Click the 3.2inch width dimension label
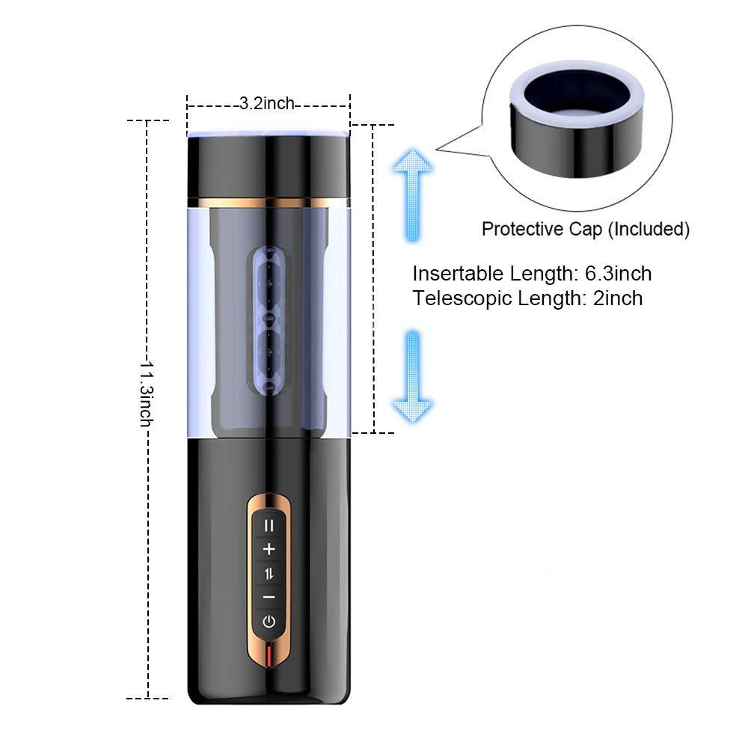point(267,104)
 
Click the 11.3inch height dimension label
point(147,393)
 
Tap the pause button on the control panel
point(269,525)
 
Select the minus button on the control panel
point(269,597)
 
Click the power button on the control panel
point(269,621)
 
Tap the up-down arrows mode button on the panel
point(269,573)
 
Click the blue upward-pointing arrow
point(411,193)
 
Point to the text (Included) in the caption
point(648,230)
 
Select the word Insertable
point(453,274)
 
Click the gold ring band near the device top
point(268,202)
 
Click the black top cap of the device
point(268,166)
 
